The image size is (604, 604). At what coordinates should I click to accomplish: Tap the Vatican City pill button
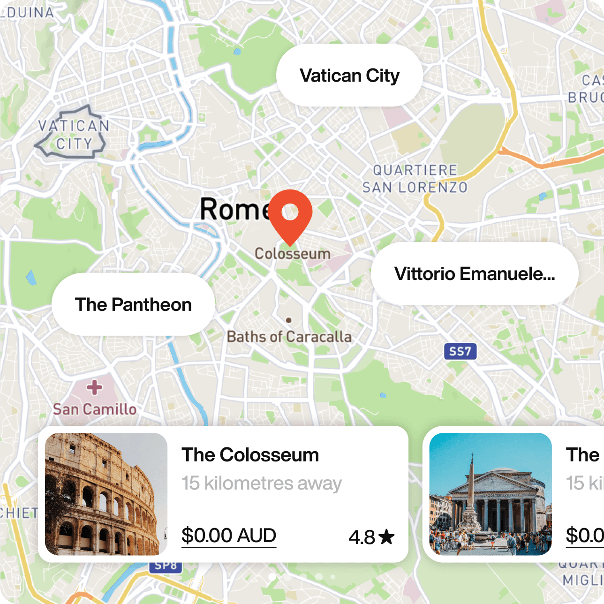click(x=349, y=75)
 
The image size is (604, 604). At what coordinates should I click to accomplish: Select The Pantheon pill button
click(x=133, y=305)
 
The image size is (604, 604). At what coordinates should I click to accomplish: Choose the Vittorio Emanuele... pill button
click(x=474, y=274)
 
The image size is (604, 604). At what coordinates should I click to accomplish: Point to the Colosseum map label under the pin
click(x=293, y=254)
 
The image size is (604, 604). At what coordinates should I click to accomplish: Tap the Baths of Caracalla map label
click(x=289, y=337)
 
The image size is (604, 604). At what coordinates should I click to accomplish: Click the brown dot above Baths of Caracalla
click(x=289, y=320)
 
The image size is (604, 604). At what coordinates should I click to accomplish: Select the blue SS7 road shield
click(x=460, y=351)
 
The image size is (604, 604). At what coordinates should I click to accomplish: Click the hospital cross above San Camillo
click(x=95, y=387)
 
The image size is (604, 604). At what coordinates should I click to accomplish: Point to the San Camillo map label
click(x=95, y=409)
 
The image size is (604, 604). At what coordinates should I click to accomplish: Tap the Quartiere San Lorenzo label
click(x=415, y=179)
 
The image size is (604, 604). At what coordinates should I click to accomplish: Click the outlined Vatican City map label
click(x=73, y=135)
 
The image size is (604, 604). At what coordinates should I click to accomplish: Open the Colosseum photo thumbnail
click(x=106, y=494)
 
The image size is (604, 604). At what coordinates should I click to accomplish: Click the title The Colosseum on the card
click(x=250, y=455)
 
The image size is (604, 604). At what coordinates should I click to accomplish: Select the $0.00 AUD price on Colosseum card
click(x=229, y=536)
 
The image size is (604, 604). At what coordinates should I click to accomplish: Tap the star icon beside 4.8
click(x=386, y=537)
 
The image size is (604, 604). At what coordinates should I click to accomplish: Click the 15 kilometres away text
click(x=262, y=483)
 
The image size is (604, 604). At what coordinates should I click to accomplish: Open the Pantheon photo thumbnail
click(x=491, y=494)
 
